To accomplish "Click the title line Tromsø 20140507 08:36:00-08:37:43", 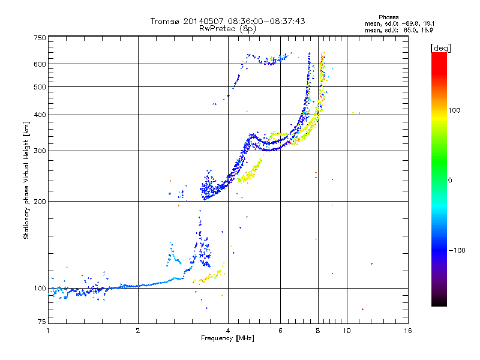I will point(228,21).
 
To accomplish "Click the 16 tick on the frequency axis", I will point(408,331).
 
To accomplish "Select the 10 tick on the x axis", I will point(347,331).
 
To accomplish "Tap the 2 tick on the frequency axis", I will point(138,331).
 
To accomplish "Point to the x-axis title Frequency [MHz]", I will point(228,338).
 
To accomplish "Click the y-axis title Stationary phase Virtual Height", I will point(26,180).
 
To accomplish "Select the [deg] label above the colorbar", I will point(441,47).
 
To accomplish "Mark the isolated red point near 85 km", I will point(363,309).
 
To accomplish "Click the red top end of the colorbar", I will point(439,55).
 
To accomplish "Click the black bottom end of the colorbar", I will point(439,304).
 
